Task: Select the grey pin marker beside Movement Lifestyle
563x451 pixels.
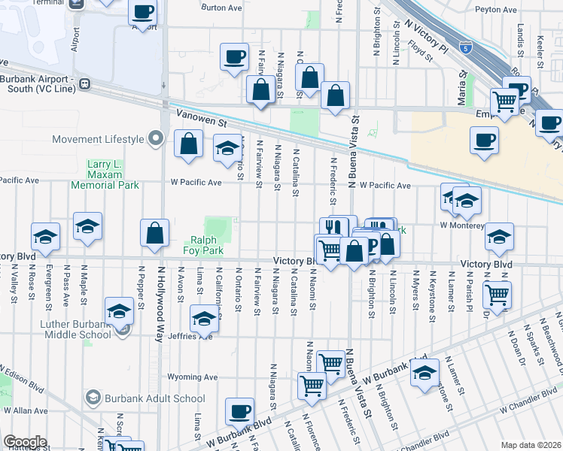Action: (x=156, y=138)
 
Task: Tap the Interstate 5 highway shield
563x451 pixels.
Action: (x=466, y=46)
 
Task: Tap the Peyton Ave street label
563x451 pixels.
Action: (x=496, y=10)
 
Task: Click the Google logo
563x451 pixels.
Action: (x=25, y=441)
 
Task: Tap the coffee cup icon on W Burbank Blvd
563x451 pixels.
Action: (x=240, y=411)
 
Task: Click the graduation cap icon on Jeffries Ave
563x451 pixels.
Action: (x=203, y=319)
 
